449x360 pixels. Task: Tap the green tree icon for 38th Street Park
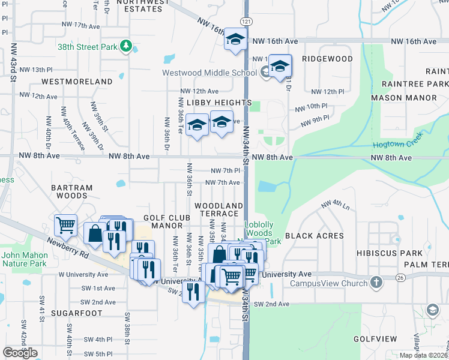[x=125, y=46]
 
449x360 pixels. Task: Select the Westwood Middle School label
[x=209, y=73]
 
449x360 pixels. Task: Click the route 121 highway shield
[x=247, y=21]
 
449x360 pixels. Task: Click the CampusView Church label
[x=328, y=283]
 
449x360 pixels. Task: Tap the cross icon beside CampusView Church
[x=376, y=282]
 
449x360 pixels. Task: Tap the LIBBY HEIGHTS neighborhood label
[x=218, y=103]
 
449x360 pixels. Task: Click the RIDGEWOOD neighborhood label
[x=327, y=59]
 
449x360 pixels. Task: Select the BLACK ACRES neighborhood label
[x=314, y=236]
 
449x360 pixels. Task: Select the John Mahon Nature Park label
[x=23, y=259]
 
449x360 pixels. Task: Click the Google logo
[x=20, y=353]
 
